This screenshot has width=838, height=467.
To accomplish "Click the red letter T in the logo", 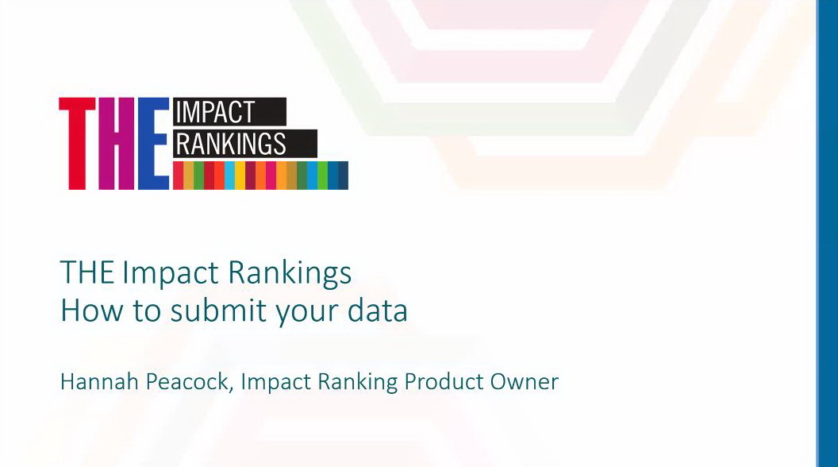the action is [78, 144].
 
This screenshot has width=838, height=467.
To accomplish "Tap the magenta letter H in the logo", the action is [117, 144].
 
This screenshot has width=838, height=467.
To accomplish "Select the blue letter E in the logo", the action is [154, 144].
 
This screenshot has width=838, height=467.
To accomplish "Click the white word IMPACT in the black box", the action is [215, 112].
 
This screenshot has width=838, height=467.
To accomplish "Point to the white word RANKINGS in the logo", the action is [231, 144].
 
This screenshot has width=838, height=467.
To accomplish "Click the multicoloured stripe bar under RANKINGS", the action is [260, 176].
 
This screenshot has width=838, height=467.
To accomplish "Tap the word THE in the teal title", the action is [87, 272].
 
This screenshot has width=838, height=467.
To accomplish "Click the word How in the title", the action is [92, 311].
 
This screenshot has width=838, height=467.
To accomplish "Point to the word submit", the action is [218, 311].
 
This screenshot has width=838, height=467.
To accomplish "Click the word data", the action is [377, 311].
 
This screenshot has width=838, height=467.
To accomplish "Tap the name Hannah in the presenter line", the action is [99, 382].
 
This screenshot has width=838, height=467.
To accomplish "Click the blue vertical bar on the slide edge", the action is [827, 234].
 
